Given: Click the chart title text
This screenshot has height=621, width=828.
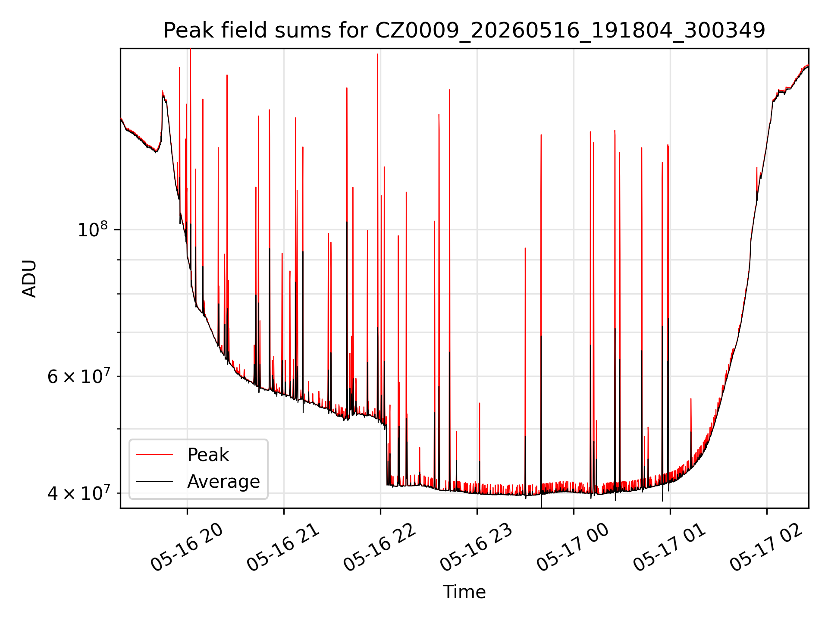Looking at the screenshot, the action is click(464, 31).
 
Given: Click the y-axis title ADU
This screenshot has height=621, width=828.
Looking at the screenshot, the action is click(29, 279).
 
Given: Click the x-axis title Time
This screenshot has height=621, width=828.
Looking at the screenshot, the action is click(464, 592).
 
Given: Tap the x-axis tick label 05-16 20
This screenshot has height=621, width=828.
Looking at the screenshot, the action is click(186, 547).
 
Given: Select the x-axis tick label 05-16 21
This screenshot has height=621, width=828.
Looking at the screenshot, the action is click(283, 547).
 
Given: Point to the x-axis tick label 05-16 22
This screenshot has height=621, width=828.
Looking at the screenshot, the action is click(379, 547).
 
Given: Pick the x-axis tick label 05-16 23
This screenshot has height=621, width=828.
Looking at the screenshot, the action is click(476, 547).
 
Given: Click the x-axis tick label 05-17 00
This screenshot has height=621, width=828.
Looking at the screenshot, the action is click(573, 547).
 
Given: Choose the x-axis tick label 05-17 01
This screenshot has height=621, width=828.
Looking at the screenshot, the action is click(669, 547).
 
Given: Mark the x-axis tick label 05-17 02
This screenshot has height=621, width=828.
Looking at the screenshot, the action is click(766, 547).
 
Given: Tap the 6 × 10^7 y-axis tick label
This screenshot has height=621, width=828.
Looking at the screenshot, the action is click(79, 376).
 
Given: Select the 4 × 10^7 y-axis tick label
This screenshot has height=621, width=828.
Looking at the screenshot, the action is click(79, 493).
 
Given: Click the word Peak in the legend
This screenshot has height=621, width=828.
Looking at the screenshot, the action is click(208, 455).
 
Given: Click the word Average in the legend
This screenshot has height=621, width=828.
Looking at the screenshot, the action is click(223, 482).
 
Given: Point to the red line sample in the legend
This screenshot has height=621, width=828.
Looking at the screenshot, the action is click(154, 455).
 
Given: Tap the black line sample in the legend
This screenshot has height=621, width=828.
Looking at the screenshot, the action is click(154, 481).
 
